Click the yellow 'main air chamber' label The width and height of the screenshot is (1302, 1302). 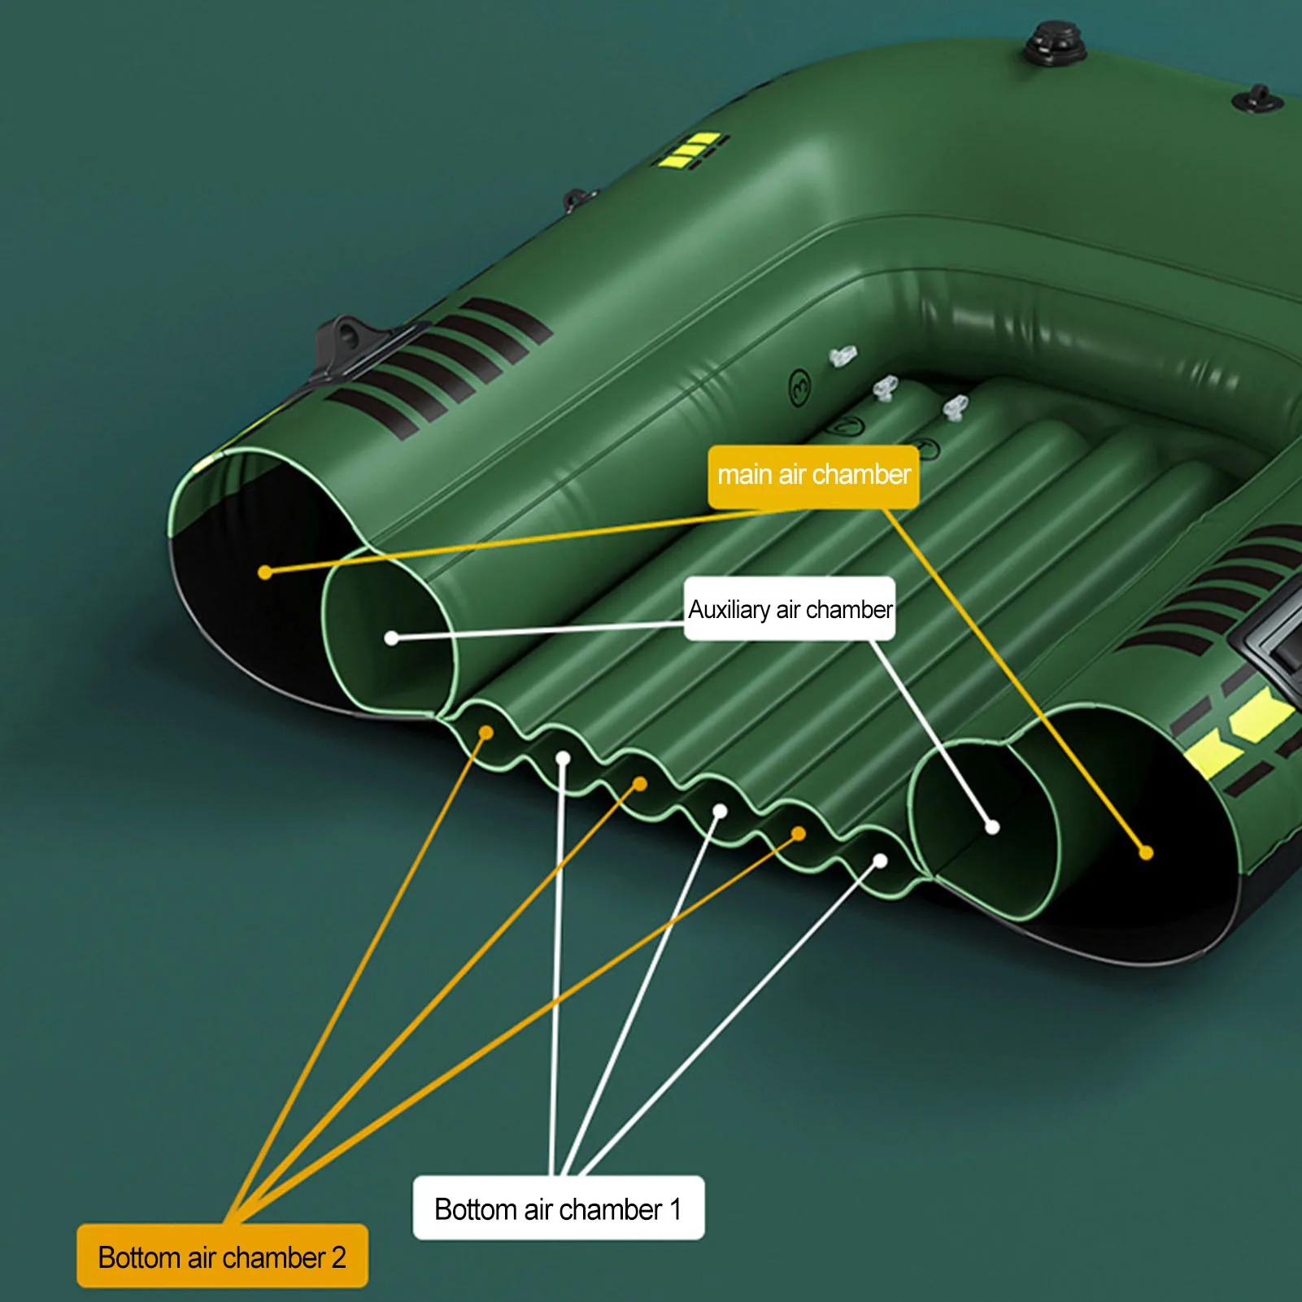click(813, 476)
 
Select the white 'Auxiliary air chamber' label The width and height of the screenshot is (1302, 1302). click(790, 609)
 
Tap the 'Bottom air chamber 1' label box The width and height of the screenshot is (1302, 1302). click(558, 1208)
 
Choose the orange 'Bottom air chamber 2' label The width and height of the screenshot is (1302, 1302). click(222, 1256)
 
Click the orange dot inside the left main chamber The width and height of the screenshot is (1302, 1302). click(264, 573)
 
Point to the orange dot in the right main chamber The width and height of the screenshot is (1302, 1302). click(1146, 853)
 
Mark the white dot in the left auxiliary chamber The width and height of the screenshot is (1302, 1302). click(391, 638)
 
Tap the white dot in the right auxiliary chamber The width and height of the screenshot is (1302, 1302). click(992, 827)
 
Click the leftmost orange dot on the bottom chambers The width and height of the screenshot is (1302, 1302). click(486, 733)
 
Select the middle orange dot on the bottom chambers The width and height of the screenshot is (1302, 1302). click(640, 784)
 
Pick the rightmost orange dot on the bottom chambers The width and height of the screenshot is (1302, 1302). click(799, 834)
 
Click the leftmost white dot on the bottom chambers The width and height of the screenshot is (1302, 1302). click(563, 759)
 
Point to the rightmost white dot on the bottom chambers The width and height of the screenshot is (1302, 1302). click(880, 860)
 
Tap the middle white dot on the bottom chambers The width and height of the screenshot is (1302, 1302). click(720, 811)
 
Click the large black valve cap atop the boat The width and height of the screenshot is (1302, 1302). click(1055, 46)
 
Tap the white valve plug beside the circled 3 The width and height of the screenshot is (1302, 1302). click(843, 356)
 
